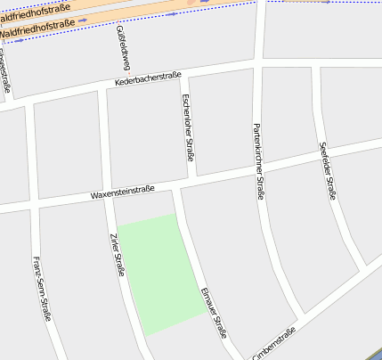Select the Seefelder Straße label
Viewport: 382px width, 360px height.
tap(327, 170)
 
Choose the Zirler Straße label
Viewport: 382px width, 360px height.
tap(116, 254)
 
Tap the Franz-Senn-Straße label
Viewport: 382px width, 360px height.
tap(42, 288)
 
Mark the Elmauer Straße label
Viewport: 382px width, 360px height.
tap(215, 313)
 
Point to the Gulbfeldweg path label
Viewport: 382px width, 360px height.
tap(124, 47)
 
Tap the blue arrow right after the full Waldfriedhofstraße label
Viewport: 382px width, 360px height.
tap(82, 20)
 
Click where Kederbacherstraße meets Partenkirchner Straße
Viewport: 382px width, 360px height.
tap(258, 65)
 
